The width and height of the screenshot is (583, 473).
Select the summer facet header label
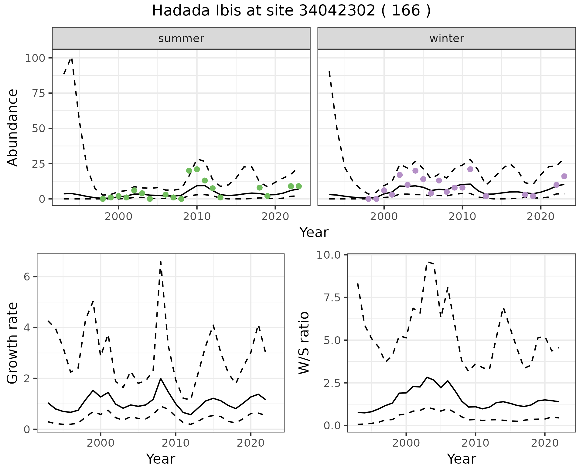(181, 39)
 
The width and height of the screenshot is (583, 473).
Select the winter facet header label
(447, 39)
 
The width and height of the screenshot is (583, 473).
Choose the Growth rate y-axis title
(12, 343)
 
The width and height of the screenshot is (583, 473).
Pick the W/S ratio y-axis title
(304, 343)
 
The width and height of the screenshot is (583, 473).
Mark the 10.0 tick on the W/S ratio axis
(329, 255)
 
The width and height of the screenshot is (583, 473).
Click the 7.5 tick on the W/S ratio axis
(332, 297)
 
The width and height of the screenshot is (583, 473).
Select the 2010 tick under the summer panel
(197, 216)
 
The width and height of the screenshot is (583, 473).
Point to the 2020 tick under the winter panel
(540, 216)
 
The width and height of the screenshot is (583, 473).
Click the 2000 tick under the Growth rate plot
(101, 443)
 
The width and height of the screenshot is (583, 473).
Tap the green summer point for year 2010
(197, 169)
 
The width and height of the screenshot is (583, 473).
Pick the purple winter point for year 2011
(470, 169)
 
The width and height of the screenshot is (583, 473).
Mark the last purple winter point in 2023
(564, 176)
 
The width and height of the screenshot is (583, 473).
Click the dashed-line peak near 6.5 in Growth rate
(160, 261)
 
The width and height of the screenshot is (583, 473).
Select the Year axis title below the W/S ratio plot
(461, 459)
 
